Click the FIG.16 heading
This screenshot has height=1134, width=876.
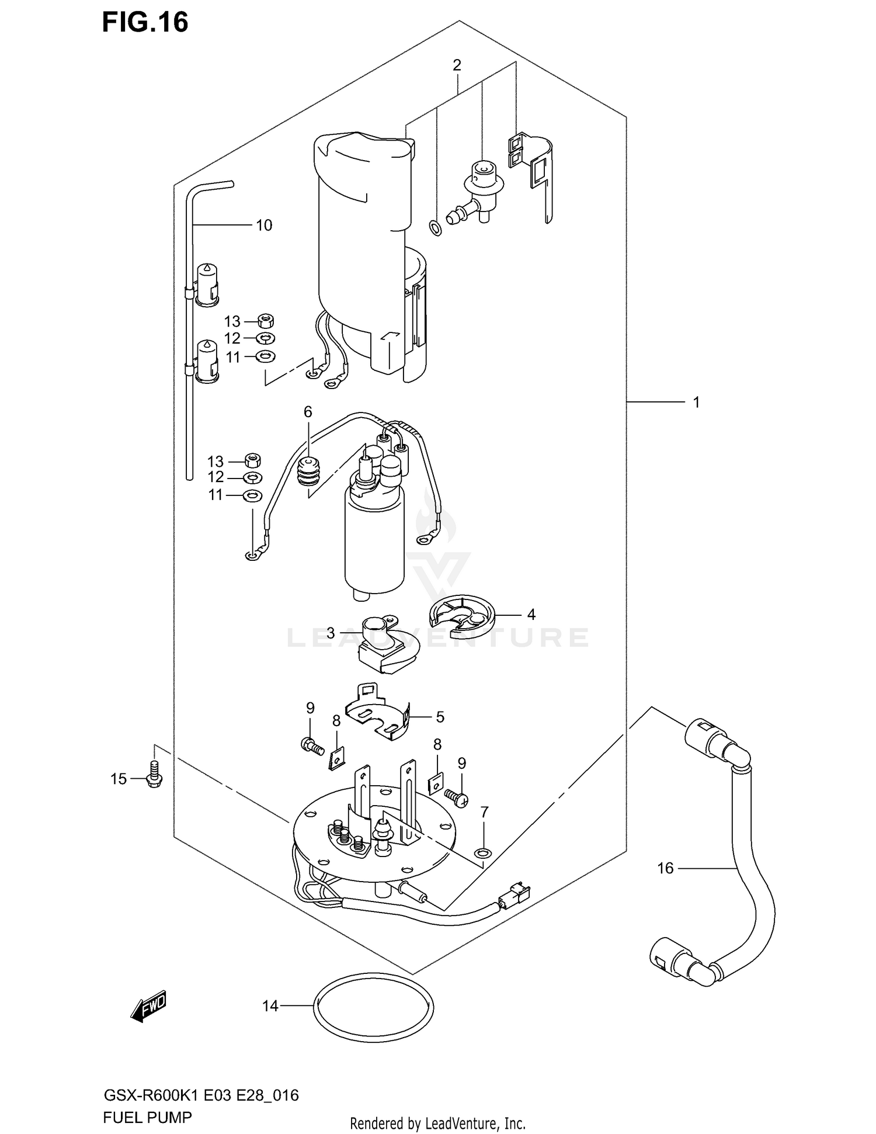pos(145,22)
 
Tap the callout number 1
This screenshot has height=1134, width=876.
pos(696,402)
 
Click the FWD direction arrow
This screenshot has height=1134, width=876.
pos(149,1005)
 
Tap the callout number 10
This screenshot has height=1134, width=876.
pos(264,225)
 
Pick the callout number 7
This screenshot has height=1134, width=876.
pos(484,812)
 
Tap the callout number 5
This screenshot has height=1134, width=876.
pos(440,716)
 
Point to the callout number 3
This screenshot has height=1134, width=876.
pos(331,633)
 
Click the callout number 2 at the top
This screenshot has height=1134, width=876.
pos(457,65)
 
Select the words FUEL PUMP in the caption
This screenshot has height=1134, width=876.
pos(147,1118)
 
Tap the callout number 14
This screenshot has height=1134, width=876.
pos(270,1005)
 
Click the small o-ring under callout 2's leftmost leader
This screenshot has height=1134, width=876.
pos(435,227)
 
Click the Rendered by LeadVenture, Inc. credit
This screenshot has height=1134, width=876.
pos(437,1123)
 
